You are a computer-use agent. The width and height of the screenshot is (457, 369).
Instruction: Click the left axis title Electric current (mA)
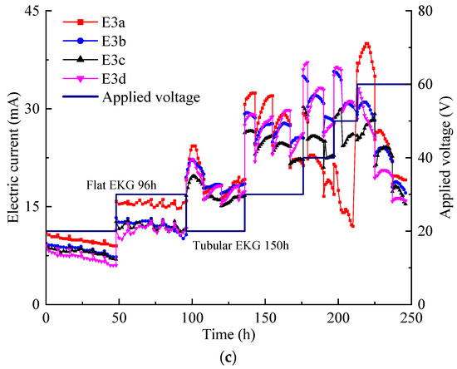(13, 157)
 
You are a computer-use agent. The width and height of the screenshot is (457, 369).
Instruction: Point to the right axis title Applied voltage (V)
(445, 157)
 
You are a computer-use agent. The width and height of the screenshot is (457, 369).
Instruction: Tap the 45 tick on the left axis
(31, 11)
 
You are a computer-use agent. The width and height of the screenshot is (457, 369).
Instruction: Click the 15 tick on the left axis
(31, 206)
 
